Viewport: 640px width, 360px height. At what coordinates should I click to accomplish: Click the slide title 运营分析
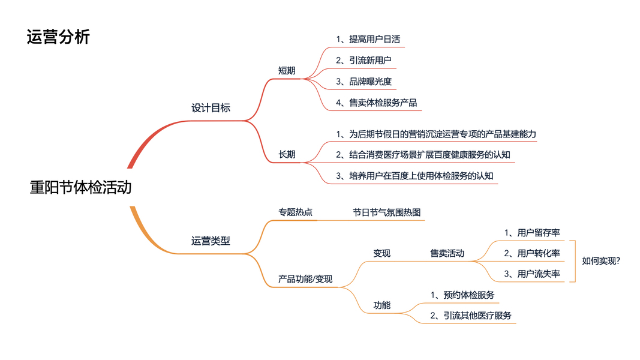58,37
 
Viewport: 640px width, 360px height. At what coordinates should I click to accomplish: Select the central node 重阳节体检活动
80,187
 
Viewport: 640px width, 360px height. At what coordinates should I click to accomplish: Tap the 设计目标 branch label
211,108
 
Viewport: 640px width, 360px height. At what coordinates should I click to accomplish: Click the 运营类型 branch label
211,241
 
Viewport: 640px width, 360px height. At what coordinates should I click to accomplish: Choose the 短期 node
287,71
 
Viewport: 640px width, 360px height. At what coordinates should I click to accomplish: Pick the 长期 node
287,155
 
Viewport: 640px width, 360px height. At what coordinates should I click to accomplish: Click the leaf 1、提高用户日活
368,40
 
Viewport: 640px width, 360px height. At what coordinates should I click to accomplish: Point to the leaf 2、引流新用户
364,61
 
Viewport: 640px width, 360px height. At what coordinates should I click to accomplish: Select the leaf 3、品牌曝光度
364,82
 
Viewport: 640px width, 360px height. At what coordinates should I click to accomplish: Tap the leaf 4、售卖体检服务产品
376,103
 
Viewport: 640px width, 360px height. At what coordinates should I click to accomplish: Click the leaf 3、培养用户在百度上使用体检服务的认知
414,176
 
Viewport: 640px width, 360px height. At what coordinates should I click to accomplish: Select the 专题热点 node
295,212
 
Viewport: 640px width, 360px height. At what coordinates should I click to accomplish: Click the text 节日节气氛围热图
387,212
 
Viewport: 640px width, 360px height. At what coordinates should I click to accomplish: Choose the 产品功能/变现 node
305,279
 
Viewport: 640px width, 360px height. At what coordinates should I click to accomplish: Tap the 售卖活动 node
447,253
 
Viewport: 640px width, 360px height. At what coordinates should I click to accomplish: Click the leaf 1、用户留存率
532,233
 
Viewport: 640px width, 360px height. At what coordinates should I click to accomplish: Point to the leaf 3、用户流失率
532,274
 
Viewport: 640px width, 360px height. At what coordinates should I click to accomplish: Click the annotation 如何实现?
601,261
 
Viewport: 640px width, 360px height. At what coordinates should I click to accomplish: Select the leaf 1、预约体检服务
462,295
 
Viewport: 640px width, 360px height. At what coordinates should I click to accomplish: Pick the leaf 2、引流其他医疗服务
471,316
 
